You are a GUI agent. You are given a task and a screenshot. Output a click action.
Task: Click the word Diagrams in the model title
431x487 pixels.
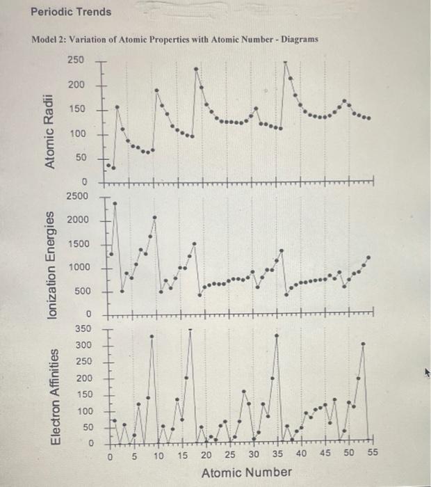(x=299, y=40)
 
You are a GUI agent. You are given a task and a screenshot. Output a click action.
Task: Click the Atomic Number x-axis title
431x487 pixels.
(x=247, y=473)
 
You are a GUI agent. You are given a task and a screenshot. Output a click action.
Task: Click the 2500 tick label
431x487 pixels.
(x=77, y=196)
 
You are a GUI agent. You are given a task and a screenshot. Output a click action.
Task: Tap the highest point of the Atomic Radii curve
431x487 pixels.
(x=286, y=62)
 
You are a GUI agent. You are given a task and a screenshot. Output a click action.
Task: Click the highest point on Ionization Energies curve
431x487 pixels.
(x=115, y=204)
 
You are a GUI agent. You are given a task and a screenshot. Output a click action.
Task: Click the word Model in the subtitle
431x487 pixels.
(x=47, y=40)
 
